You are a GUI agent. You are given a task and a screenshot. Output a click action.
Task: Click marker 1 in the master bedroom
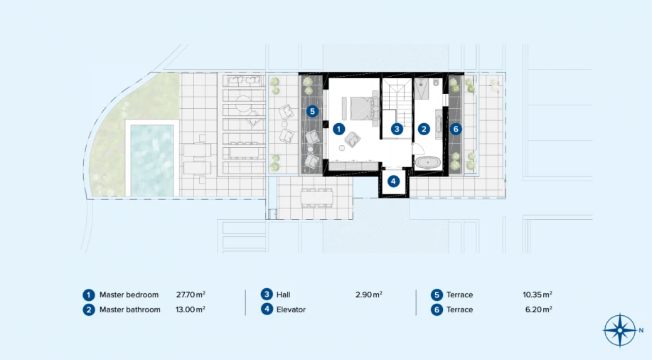click(x=338, y=129)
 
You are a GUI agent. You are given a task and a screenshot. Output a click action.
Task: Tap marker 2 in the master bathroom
click(x=424, y=129)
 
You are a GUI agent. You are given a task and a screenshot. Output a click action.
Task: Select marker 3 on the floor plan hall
click(x=397, y=129)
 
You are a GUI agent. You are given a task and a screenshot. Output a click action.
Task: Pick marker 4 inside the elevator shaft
click(x=393, y=181)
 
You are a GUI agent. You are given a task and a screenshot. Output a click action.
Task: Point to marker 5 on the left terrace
click(x=312, y=111)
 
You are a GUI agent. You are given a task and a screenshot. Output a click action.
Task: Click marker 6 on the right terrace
click(x=456, y=129)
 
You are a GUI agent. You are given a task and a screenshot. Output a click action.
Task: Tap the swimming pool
click(x=152, y=160)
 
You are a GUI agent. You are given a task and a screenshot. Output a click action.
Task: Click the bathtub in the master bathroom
click(x=428, y=162)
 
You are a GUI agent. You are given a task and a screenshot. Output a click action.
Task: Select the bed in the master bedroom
click(x=362, y=108)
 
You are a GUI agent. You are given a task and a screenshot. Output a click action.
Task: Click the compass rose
click(x=620, y=330)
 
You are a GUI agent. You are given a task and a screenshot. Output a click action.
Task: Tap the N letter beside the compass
click(x=641, y=330)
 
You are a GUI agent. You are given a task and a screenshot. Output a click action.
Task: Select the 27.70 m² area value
click(x=191, y=295)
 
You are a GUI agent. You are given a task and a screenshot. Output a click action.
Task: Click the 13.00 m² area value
click(x=191, y=309)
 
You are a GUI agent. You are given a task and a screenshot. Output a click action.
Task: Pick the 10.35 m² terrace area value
click(x=538, y=295)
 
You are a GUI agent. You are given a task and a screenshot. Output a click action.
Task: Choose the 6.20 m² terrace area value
click(x=539, y=309)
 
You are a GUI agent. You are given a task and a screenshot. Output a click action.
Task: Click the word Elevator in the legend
click(x=291, y=309)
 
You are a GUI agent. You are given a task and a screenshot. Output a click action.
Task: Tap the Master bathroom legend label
click(x=129, y=309)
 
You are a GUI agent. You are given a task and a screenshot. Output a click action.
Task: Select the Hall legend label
click(x=284, y=295)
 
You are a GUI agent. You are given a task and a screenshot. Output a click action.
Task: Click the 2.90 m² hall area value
click(x=369, y=295)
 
